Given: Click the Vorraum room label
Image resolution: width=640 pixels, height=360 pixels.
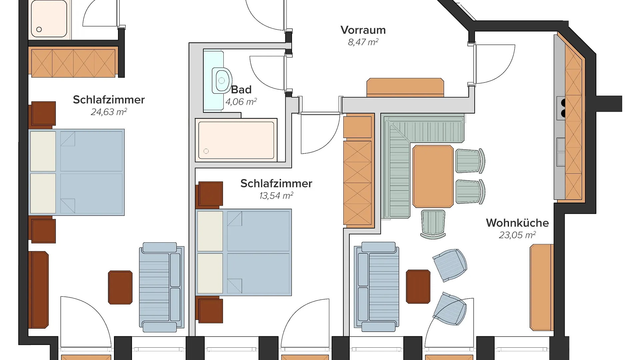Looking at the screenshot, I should (363, 30).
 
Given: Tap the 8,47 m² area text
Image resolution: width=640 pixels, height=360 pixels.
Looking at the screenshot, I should (363, 42).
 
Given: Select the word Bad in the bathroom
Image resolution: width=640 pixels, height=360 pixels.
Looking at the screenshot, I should (241, 90).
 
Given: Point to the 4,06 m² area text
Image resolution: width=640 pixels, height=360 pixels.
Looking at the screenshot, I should (241, 102).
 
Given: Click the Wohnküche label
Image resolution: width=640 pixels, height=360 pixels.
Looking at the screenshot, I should (517, 223).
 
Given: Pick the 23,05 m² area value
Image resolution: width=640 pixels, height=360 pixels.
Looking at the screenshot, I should (517, 235).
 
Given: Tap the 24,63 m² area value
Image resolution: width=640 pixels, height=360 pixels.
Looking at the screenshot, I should (109, 112).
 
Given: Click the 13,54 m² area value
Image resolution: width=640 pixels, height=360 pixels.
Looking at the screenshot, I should (276, 196).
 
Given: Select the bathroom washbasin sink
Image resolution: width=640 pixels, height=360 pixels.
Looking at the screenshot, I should (222, 80).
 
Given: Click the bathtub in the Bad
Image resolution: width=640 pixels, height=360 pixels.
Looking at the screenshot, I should (236, 140).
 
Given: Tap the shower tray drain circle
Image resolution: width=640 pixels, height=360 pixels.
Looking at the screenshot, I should (39, 29).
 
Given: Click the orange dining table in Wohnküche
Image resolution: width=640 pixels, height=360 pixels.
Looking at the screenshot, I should (433, 176).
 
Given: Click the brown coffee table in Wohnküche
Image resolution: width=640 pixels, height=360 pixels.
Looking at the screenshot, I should (418, 287).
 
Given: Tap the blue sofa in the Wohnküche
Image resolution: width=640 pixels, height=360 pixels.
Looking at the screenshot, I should (377, 287).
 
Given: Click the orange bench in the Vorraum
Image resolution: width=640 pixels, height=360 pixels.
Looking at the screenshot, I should (405, 87).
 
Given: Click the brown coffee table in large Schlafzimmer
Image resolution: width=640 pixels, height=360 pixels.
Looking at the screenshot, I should (120, 287).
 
